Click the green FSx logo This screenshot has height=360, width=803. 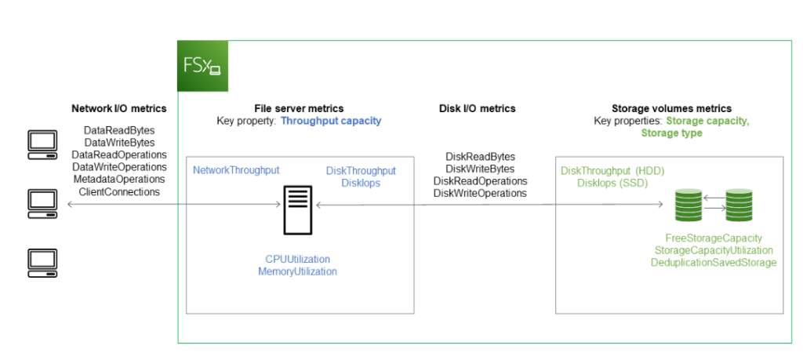[x=203, y=66]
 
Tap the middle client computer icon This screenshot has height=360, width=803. [x=42, y=202]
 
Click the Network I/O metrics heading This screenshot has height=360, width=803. [x=118, y=109]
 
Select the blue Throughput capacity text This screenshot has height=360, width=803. [x=330, y=122]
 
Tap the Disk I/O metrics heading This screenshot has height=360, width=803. [x=477, y=109]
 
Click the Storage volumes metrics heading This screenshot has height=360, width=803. [x=671, y=109]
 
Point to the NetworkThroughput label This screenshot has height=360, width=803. [x=236, y=170]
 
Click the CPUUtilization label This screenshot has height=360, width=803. [x=297, y=259]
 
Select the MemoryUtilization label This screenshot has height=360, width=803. [x=297, y=271]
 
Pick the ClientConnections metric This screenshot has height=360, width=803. [x=119, y=191]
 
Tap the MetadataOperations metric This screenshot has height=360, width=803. [x=119, y=180]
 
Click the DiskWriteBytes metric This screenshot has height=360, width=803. [x=480, y=169]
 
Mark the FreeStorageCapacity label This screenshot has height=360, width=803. [x=714, y=238]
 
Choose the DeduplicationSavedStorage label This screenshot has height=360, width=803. [x=714, y=262]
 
